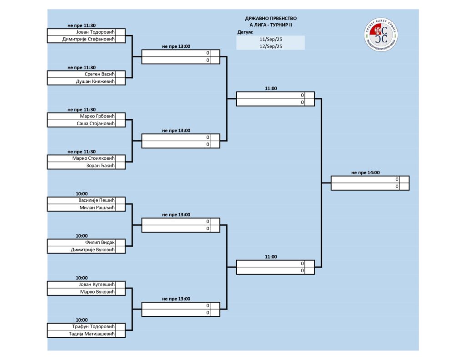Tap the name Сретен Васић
(98, 74)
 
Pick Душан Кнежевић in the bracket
(93, 81)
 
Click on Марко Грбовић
(96, 116)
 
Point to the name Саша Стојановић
(94, 123)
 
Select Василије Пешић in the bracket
(95, 200)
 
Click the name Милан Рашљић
(96, 208)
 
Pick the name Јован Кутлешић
(95, 284)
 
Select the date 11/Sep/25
(271, 39)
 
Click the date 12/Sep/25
(271, 46)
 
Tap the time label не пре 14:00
(365, 172)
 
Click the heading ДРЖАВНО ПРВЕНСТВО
(271, 18)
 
